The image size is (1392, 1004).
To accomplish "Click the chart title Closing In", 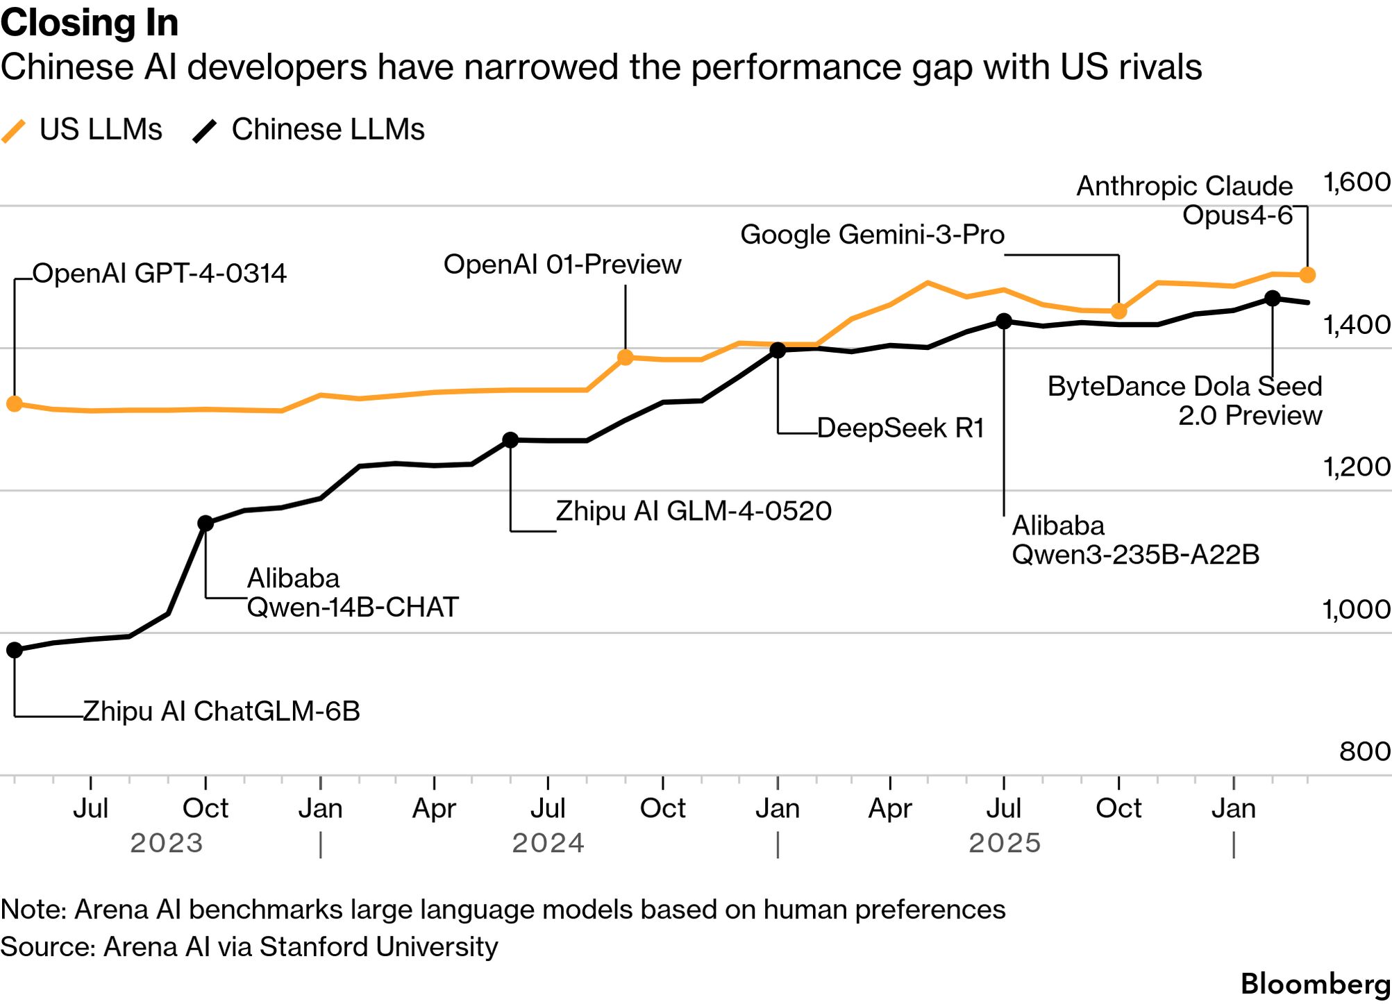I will (90, 23).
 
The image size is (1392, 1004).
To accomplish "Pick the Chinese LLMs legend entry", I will (309, 130).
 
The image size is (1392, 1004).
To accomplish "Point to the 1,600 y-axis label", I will (1357, 183).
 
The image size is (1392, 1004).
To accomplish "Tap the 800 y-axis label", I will (1365, 751).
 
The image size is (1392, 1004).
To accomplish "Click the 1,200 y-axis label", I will (1357, 467).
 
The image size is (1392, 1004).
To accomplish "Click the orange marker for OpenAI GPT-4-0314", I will (14, 403).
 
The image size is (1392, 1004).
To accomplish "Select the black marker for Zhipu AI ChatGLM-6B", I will (14, 650).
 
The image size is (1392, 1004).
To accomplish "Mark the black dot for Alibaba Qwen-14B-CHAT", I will (205, 523).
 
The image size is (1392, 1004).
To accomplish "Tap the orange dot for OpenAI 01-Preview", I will (625, 358).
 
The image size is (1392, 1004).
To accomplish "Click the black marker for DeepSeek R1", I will (778, 351).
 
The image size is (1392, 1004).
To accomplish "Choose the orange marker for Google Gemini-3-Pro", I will (1118, 311).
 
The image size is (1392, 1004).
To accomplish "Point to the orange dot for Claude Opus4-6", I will (1307, 275).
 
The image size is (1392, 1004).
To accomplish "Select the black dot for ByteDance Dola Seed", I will (1272, 298).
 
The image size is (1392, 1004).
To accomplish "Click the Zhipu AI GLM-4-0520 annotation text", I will (694, 512).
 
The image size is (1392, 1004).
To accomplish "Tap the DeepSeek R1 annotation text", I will (900, 428).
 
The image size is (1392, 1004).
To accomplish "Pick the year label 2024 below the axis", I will (548, 843).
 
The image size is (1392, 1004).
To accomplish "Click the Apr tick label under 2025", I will (890, 809).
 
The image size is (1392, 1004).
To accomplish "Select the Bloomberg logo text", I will (1315, 985).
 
